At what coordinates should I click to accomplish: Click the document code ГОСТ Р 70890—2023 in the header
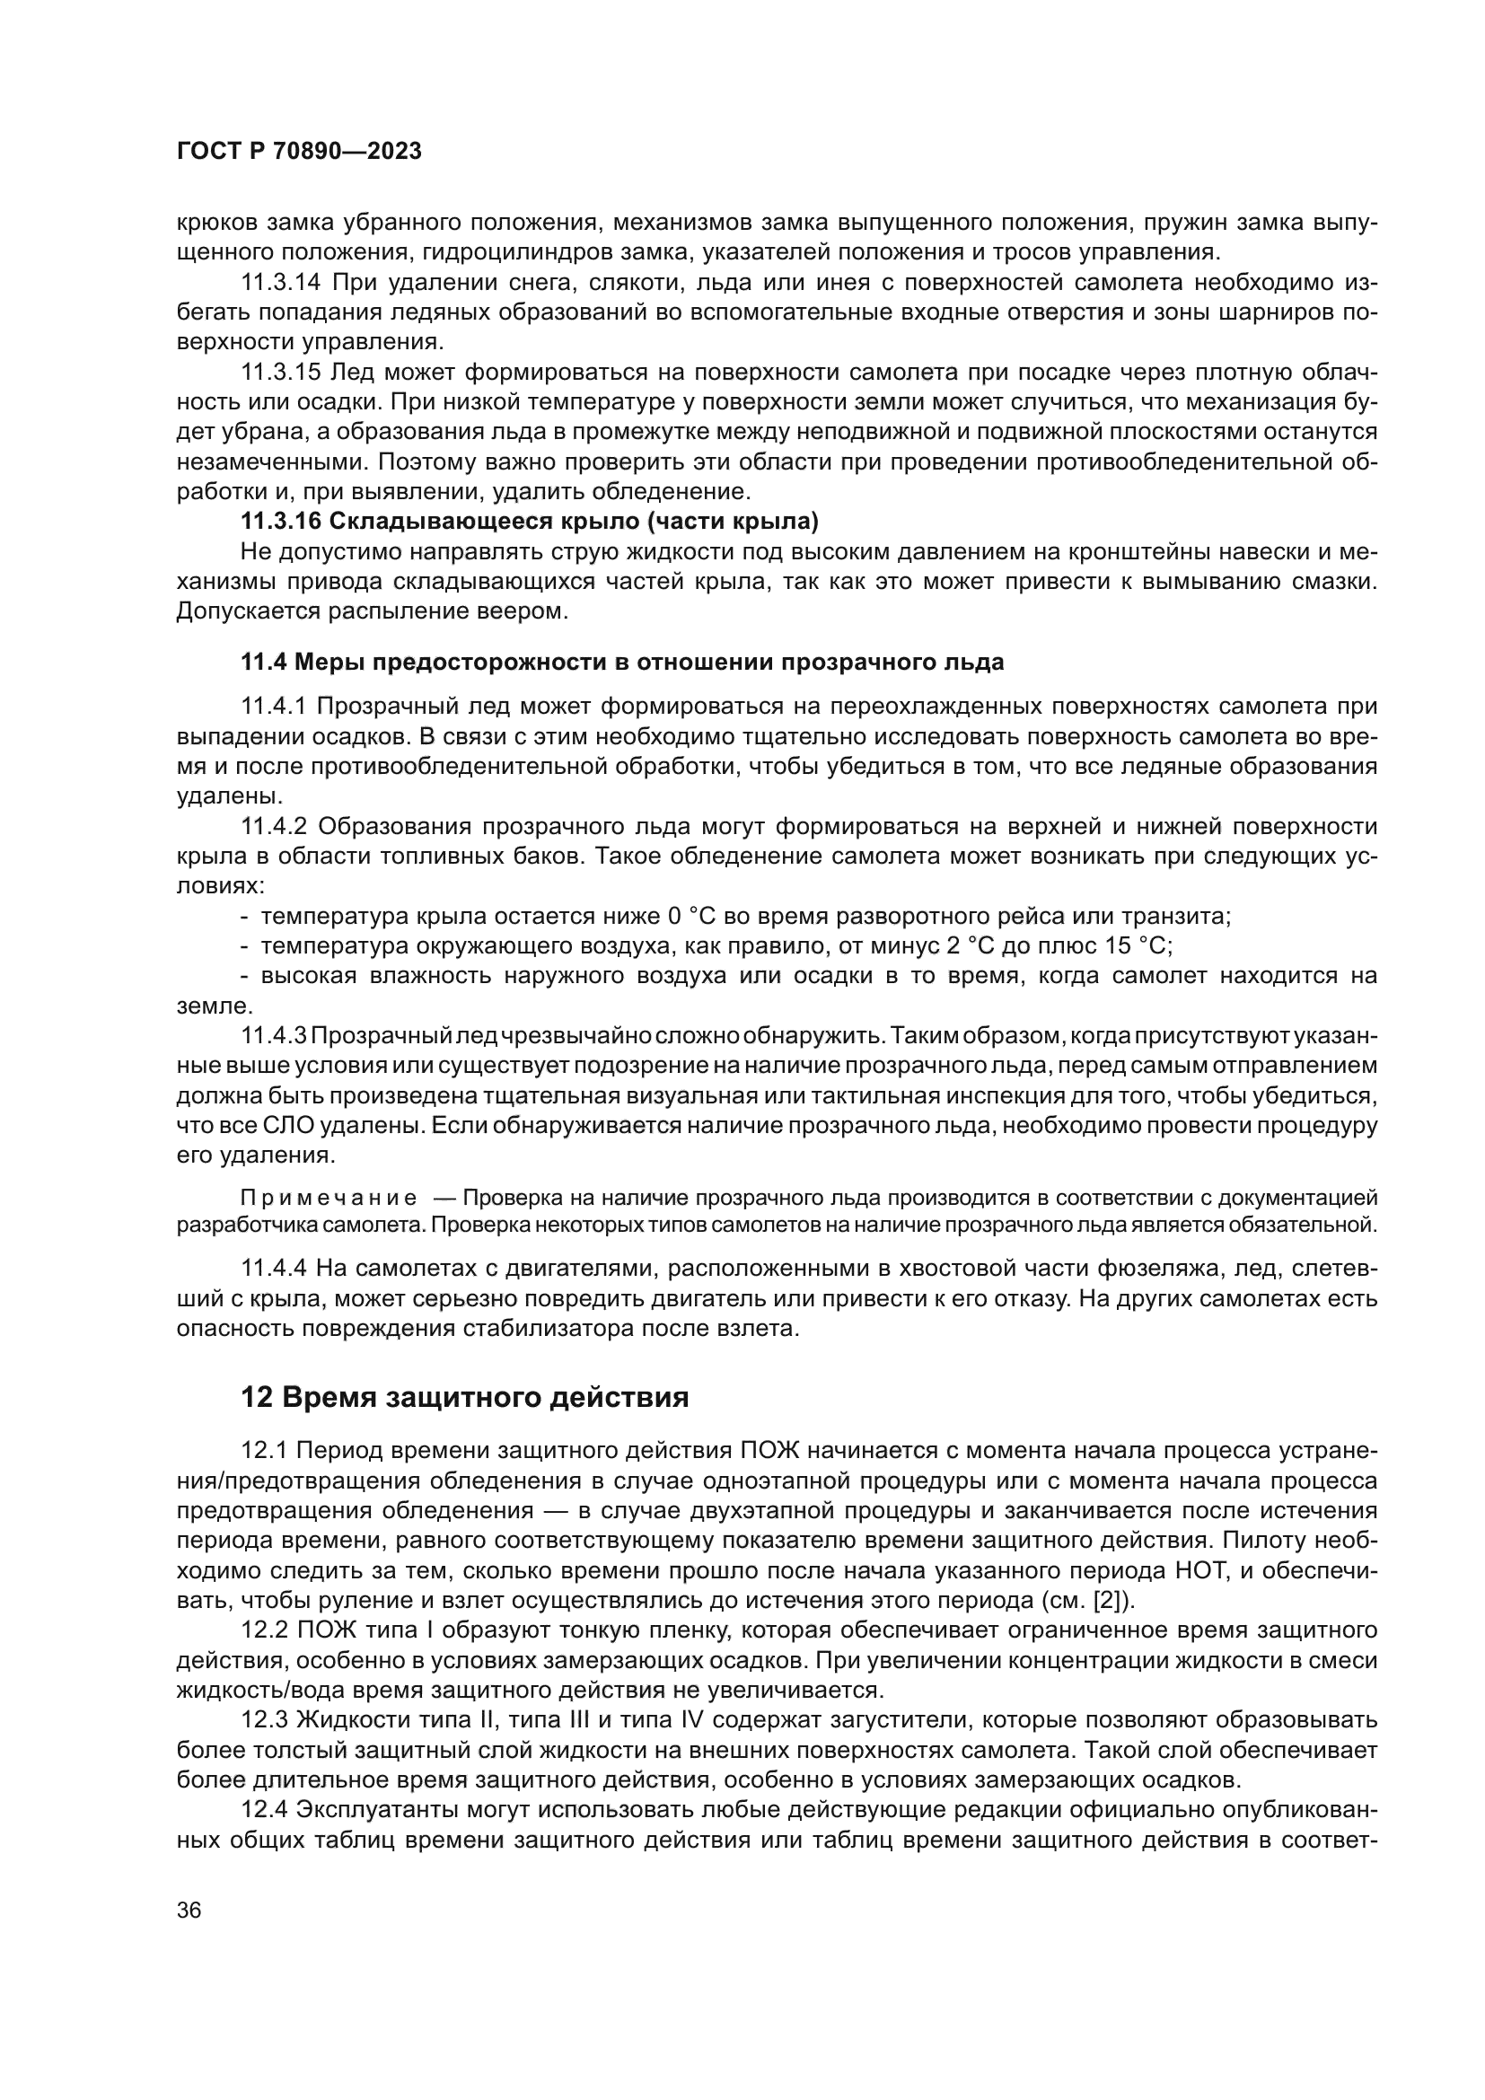(x=299, y=152)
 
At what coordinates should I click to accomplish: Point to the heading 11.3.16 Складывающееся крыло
(x=530, y=523)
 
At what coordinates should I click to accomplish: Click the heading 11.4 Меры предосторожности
(x=622, y=663)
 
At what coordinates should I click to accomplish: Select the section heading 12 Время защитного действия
(x=464, y=1398)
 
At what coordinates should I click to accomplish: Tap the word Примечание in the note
(x=329, y=1199)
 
